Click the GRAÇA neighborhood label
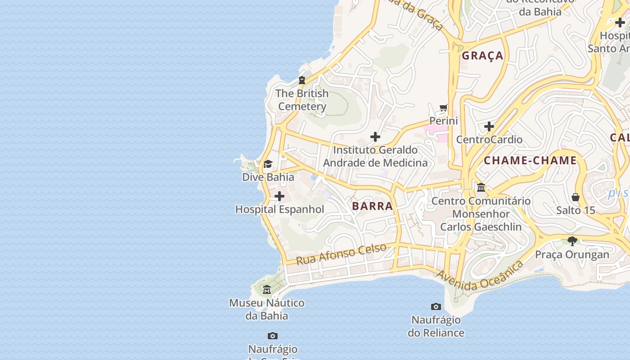point(482,56)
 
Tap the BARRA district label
point(372,206)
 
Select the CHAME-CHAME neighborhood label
point(530,161)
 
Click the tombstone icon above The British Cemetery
point(302,80)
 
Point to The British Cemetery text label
point(302,100)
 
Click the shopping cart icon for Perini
point(444,108)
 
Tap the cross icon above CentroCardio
point(489,126)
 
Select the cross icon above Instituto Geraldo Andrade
point(375,137)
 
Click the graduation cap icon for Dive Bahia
point(268,164)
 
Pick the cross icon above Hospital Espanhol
point(279,196)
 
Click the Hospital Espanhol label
point(279,209)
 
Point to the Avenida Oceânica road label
point(480,275)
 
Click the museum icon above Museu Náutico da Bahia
point(267,289)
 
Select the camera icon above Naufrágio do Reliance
point(436,307)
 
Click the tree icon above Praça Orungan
point(572,241)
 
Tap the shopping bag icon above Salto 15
point(575,197)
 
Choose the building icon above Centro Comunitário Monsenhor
point(481,187)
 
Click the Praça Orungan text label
point(572,254)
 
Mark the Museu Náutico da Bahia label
point(267,309)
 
